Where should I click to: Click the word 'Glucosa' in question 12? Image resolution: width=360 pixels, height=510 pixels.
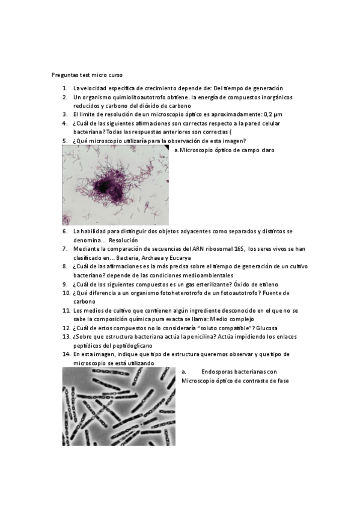coord(266,328)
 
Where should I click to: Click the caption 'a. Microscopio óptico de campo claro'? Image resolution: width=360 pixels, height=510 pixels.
coord(224,150)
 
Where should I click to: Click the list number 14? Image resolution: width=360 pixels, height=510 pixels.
coord(67,355)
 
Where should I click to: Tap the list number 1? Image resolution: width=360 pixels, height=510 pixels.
coord(65,88)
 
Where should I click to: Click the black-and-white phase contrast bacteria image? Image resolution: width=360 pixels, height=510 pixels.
coord(118,406)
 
